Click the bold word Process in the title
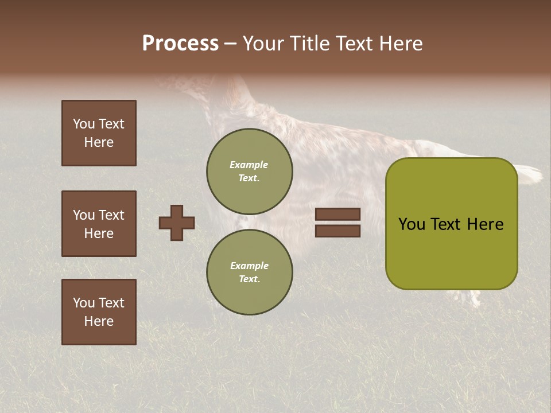point(180,44)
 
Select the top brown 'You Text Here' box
point(99,133)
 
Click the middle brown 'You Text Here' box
point(99,224)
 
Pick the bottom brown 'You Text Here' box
point(99,312)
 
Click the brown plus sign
point(177,223)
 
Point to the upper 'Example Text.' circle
point(249,172)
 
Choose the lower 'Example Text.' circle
point(249,272)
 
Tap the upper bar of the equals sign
point(338,215)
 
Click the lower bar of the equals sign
point(338,231)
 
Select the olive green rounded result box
point(451,252)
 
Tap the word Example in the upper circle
point(249,165)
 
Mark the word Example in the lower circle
point(249,266)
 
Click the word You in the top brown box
point(84,124)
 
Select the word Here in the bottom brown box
point(99,321)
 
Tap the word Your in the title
point(265,44)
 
